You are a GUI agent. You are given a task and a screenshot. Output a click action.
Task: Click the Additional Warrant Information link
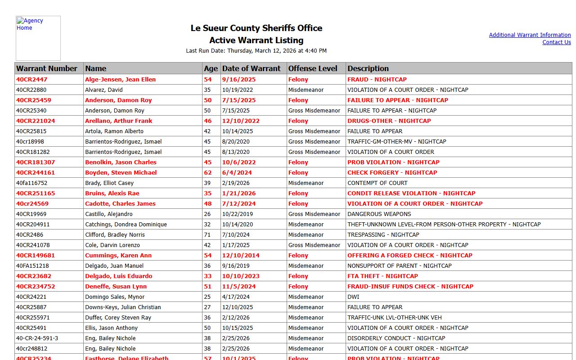coord(530,35)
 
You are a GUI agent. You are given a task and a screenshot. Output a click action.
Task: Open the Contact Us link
coord(556,42)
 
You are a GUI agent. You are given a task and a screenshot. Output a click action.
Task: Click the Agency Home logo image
coord(38,38)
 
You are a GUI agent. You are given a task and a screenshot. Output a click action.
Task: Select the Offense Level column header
coord(313,68)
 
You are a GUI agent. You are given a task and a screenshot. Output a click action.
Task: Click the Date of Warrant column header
coord(251,68)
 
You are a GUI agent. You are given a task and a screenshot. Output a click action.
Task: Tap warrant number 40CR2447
coord(32,80)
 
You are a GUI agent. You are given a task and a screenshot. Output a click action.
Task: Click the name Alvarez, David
coord(104,90)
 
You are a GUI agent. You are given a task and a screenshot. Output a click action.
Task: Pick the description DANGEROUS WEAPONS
coord(379,214)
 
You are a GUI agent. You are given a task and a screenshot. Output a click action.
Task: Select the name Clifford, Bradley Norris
coord(115,235)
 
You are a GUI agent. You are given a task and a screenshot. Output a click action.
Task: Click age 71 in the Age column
coord(207,235)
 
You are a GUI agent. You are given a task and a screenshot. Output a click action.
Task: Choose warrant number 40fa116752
coord(31,183)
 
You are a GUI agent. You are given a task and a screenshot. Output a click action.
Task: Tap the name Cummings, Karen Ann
coord(118,256)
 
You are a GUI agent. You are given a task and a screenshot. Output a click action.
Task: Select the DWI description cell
coord(353,297)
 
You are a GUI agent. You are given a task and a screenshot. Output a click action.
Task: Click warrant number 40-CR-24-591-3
coord(37,338)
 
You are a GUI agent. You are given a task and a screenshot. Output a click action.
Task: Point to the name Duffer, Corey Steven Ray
coord(118,318)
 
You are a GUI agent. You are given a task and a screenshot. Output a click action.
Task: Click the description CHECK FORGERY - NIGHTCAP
coord(392,173)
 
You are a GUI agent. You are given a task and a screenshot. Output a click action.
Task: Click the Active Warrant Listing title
coord(256,40)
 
